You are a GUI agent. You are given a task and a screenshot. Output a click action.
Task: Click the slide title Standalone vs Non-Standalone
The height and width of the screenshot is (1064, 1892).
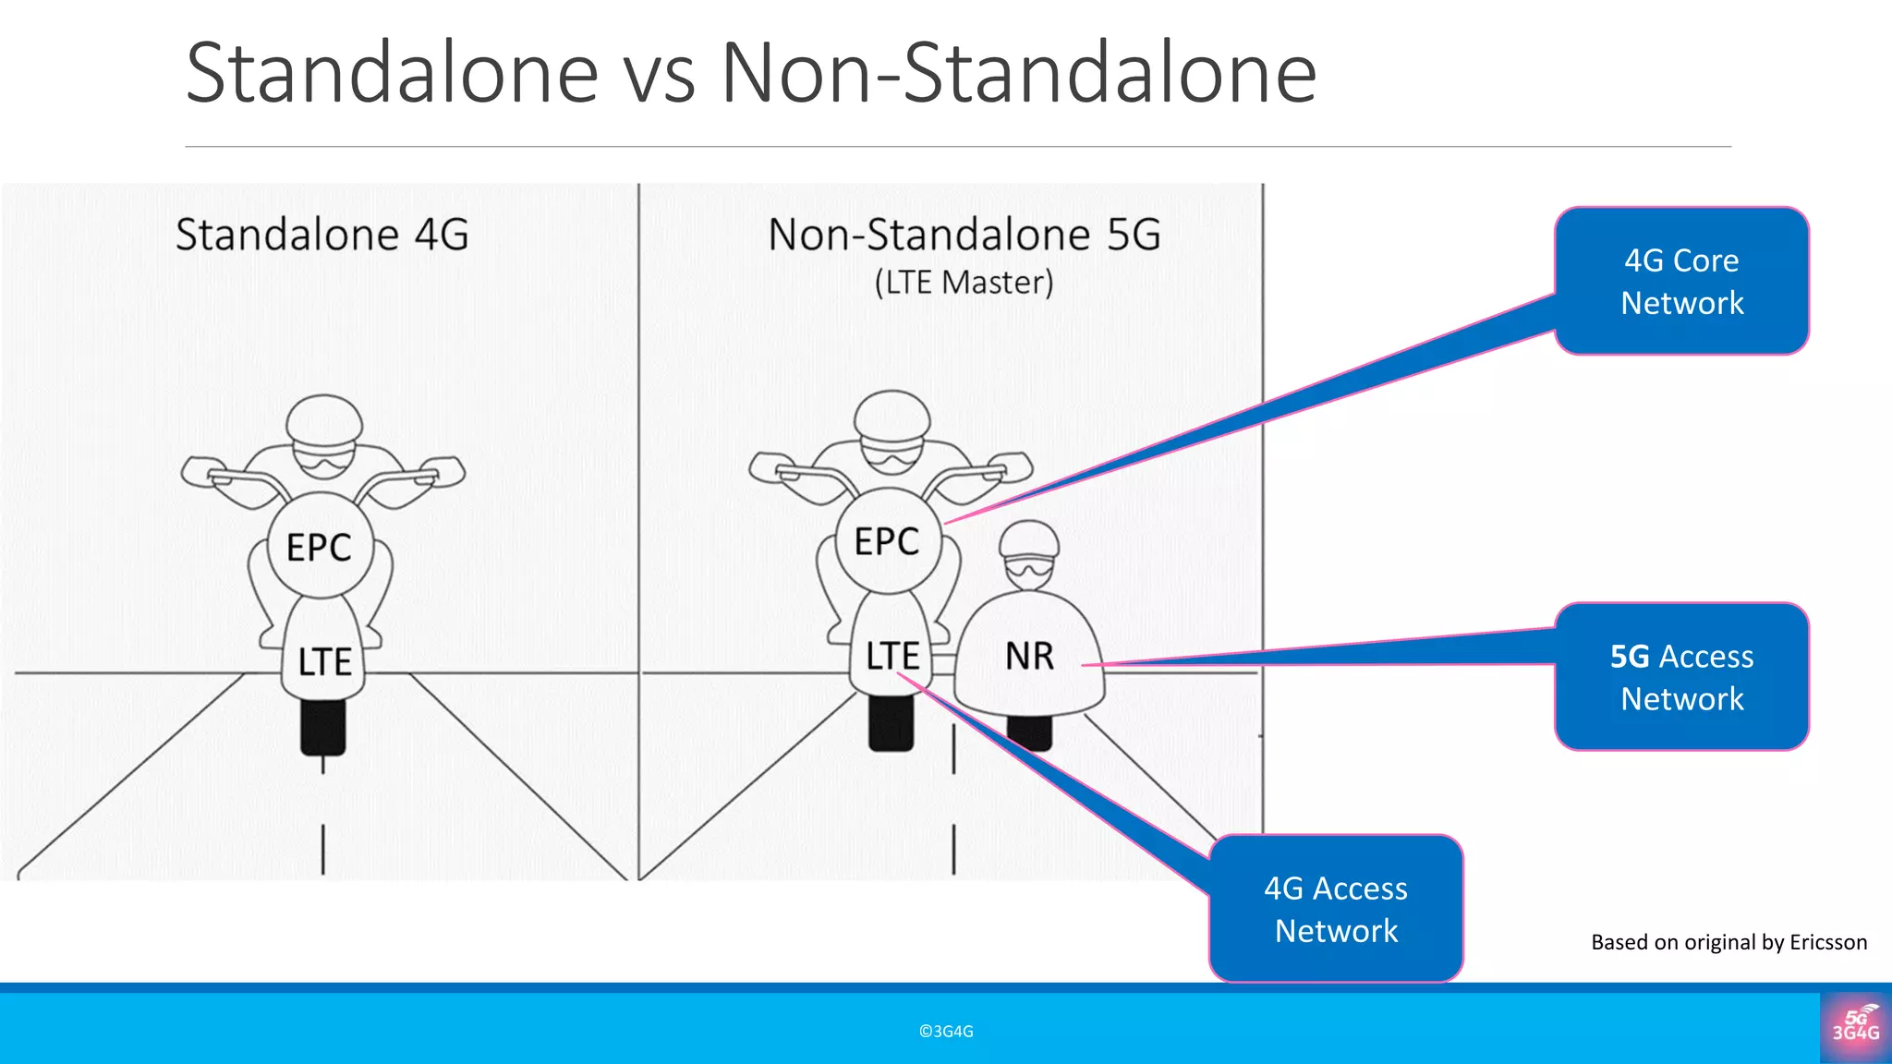pyautogui.click(x=750, y=74)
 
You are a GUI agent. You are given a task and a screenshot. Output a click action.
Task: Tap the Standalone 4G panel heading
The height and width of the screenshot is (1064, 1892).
pyautogui.click(x=322, y=235)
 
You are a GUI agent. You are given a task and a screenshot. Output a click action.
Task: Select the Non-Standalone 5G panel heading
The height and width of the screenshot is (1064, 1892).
pyautogui.click(x=964, y=235)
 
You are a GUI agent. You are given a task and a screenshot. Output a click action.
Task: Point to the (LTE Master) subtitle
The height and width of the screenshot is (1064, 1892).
pyautogui.click(x=964, y=283)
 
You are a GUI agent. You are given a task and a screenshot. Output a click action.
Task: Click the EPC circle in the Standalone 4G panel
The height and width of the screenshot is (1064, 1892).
pyautogui.click(x=320, y=547)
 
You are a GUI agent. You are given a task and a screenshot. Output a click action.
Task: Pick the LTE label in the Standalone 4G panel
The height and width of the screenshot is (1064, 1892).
pyautogui.click(x=324, y=661)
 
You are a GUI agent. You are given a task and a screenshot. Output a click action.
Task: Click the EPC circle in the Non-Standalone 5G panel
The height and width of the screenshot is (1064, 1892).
pyautogui.click(x=888, y=541)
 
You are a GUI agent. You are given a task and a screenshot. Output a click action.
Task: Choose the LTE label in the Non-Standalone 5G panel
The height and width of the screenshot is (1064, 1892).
pyautogui.click(x=891, y=656)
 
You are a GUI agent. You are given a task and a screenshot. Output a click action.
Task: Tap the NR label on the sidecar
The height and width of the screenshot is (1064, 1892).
pyautogui.click(x=1029, y=656)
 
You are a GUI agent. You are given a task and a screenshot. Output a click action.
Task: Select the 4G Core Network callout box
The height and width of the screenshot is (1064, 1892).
pyautogui.click(x=1681, y=281)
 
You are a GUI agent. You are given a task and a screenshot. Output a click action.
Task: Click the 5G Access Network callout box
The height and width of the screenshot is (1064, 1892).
pyautogui.click(x=1681, y=677)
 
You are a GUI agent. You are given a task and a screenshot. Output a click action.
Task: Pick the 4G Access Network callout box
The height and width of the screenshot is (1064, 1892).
pyautogui.click(x=1336, y=909)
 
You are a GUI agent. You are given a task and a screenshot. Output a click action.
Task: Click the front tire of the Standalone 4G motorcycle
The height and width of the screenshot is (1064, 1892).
pyautogui.click(x=323, y=726)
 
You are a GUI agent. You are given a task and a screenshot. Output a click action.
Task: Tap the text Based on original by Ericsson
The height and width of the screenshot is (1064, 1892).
pyautogui.click(x=1728, y=942)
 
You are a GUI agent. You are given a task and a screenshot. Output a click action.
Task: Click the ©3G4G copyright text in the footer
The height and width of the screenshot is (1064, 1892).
pyautogui.click(x=946, y=1032)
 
